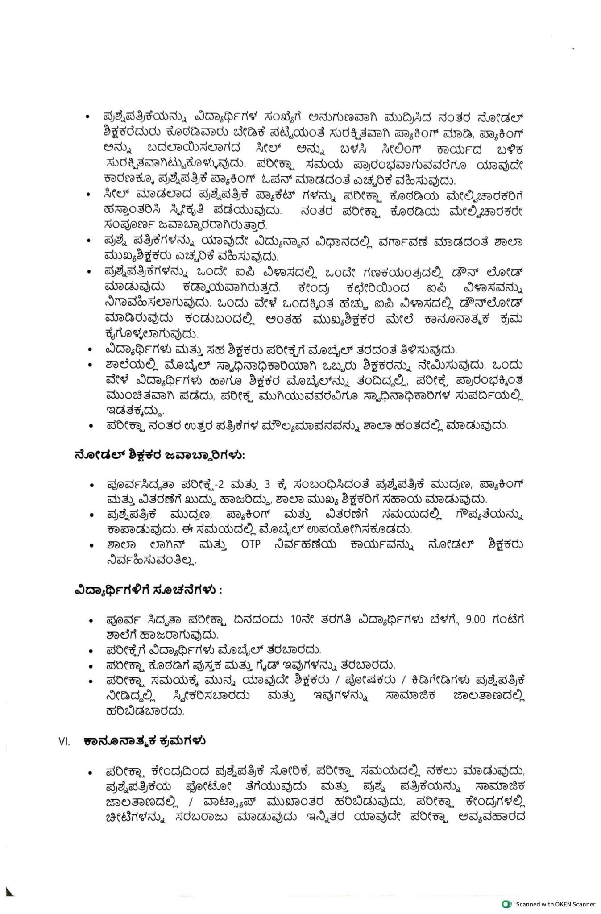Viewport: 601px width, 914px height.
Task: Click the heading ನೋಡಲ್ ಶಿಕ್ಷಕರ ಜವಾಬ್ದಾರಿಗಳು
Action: tap(159, 455)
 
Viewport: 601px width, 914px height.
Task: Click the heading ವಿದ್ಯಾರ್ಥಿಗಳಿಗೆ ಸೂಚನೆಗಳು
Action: tap(148, 590)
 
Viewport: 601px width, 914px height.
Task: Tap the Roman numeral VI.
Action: tap(64, 742)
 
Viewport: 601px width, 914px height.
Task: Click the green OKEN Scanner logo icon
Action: tap(506, 904)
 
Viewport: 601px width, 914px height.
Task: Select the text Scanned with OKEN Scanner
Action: tap(555, 904)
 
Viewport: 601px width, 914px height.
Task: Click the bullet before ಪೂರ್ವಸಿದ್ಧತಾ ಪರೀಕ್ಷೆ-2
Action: tap(91, 485)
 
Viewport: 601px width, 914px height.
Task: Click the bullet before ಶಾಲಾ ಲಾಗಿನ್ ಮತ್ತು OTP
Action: tap(91, 545)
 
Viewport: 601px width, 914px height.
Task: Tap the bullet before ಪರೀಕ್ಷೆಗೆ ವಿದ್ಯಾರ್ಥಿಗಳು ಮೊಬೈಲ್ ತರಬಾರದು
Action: tap(91, 650)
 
